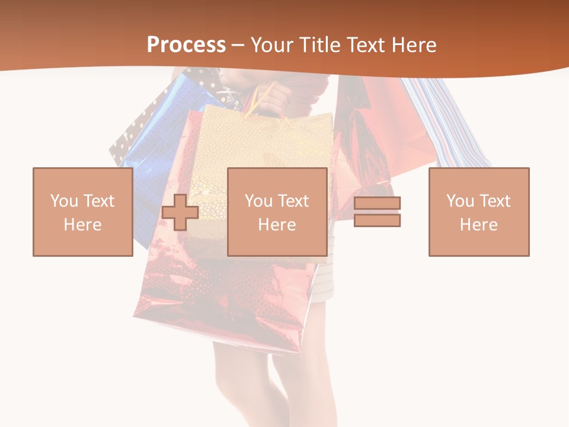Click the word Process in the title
pyautogui.click(x=186, y=45)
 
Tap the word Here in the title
pyautogui.click(x=415, y=45)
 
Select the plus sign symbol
pyautogui.click(x=180, y=212)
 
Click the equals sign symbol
pyautogui.click(x=377, y=212)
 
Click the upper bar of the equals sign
pyautogui.click(x=377, y=203)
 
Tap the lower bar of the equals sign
pyautogui.click(x=377, y=220)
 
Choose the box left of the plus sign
pyautogui.click(x=82, y=212)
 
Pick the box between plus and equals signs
pyautogui.click(x=277, y=212)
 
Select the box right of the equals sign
pyautogui.click(x=478, y=212)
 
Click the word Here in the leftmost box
pyautogui.click(x=82, y=225)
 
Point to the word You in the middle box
pyautogui.click(x=258, y=201)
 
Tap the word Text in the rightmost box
pyautogui.click(x=495, y=201)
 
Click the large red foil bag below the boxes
pyautogui.click(x=225, y=297)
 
